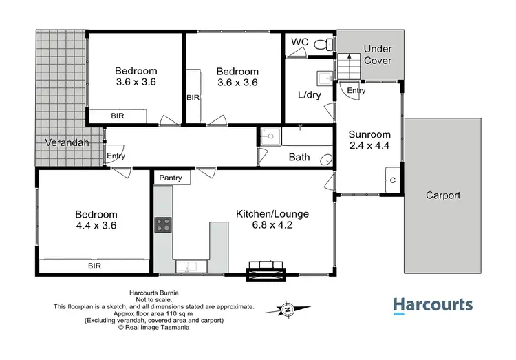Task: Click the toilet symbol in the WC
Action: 321,44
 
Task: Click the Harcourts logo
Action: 432,306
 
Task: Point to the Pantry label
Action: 171,178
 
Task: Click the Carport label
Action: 442,195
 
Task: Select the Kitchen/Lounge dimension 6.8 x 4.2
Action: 272,226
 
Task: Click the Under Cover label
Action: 377,54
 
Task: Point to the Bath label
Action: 299,157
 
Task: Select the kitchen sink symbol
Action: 186,265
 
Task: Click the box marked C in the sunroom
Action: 392,179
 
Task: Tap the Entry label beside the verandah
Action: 116,157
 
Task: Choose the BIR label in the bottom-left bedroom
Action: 94,264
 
